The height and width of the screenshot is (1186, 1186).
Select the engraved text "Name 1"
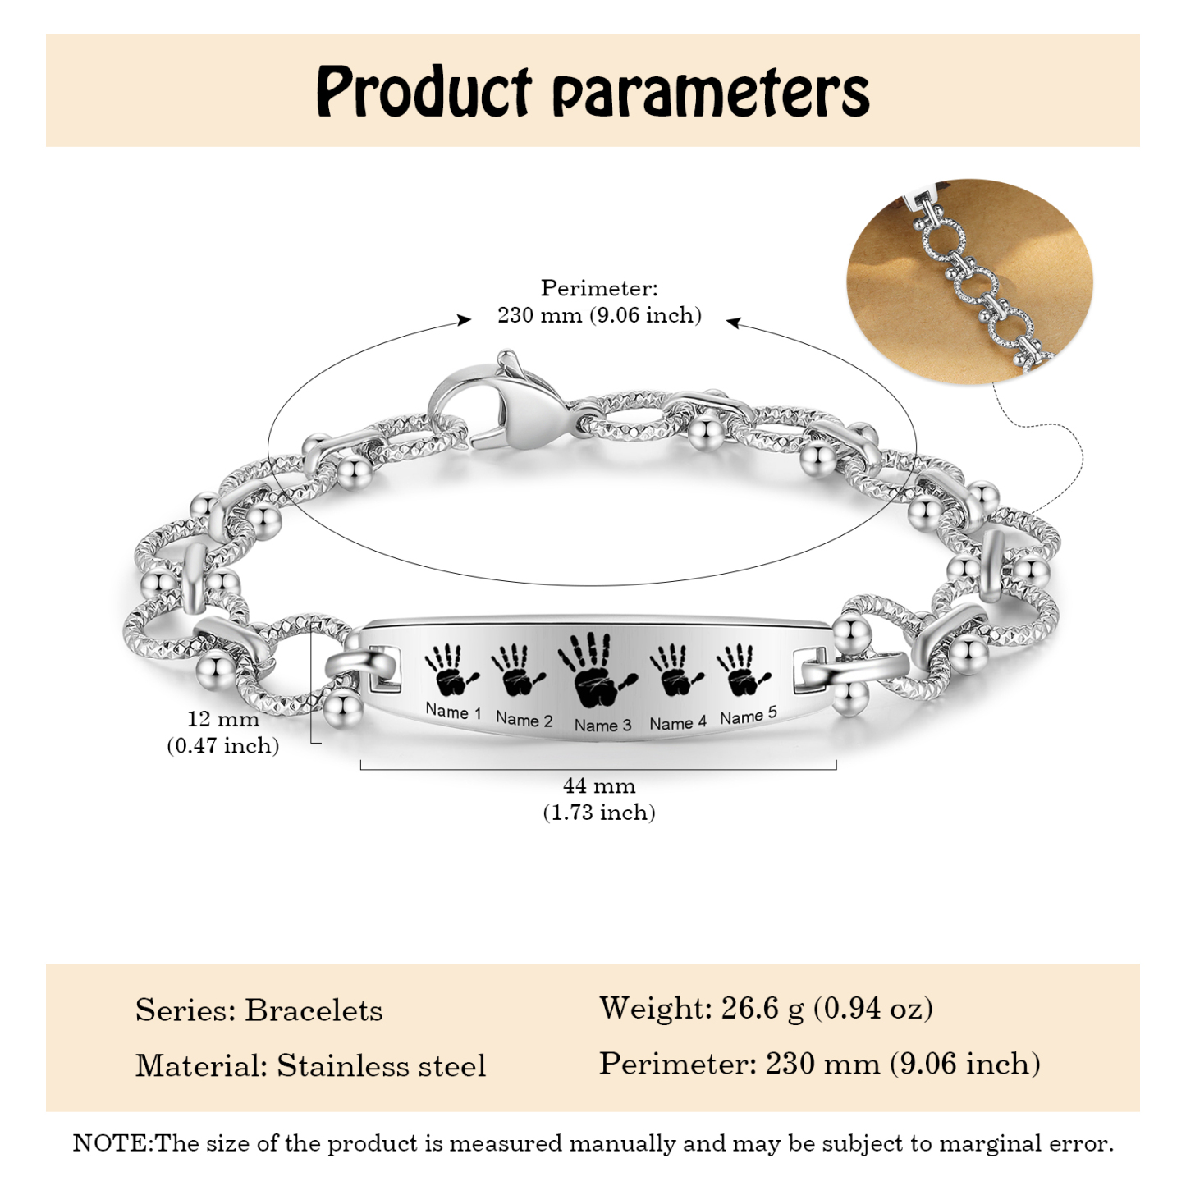[x=453, y=712]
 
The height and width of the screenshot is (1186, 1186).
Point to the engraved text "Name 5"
[x=749, y=716]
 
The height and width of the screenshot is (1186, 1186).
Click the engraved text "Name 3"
[x=602, y=725]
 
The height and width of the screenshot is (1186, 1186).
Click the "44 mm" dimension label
[x=599, y=786]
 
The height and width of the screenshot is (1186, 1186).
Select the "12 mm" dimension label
[x=222, y=719]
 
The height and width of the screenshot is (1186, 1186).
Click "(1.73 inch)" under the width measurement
[x=599, y=813]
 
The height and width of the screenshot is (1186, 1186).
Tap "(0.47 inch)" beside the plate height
[x=222, y=746]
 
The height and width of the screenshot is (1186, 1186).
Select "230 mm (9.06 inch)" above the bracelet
[x=599, y=315]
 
